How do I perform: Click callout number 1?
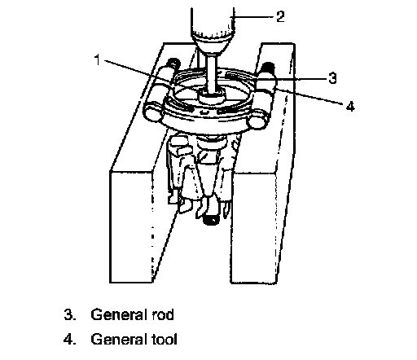[97, 59]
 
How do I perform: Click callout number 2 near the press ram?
[280, 16]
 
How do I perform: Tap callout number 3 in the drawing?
[332, 78]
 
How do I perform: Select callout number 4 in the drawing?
[350, 106]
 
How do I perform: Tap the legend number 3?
[69, 315]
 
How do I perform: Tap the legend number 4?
[69, 339]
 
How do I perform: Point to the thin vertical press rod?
[211, 72]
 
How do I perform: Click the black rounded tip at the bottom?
[211, 219]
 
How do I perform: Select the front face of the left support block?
[131, 227]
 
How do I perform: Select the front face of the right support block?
[254, 228]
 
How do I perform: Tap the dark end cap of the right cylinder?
[269, 66]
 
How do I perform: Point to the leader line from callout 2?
[252, 17]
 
